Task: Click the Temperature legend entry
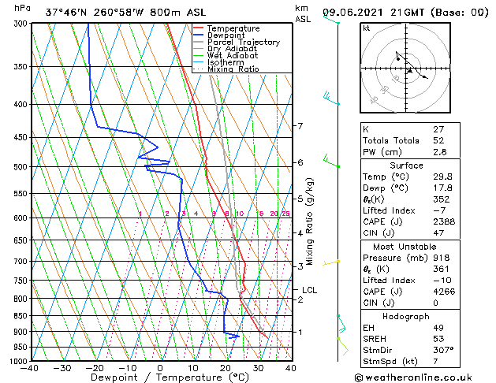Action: click(233, 28)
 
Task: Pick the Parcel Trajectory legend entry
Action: click(243, 43)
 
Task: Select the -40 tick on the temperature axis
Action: click(30, 367)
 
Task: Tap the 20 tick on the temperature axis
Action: click(225, 367)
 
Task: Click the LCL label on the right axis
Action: click(309, 290)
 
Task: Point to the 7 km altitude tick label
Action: click(300, 126)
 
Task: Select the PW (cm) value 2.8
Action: click(441, 152)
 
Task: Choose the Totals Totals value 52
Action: click(438, 140)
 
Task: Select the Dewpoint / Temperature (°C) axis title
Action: click(160, 377)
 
